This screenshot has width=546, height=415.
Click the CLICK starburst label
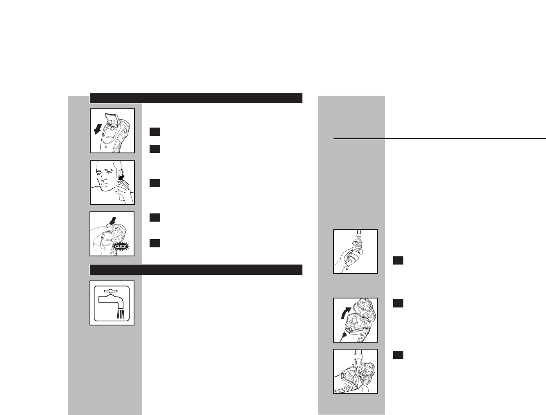[120, 247]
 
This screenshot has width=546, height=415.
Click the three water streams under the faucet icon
[120, 314]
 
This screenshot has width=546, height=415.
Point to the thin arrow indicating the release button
[343, 336]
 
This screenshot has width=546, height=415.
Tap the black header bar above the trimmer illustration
[196, 98]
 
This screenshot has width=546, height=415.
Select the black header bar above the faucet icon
[196, 269]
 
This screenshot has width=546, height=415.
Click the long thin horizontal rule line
[439, 139]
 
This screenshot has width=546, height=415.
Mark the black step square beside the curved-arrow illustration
[398, 303]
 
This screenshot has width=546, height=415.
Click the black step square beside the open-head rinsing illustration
[398, 354]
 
